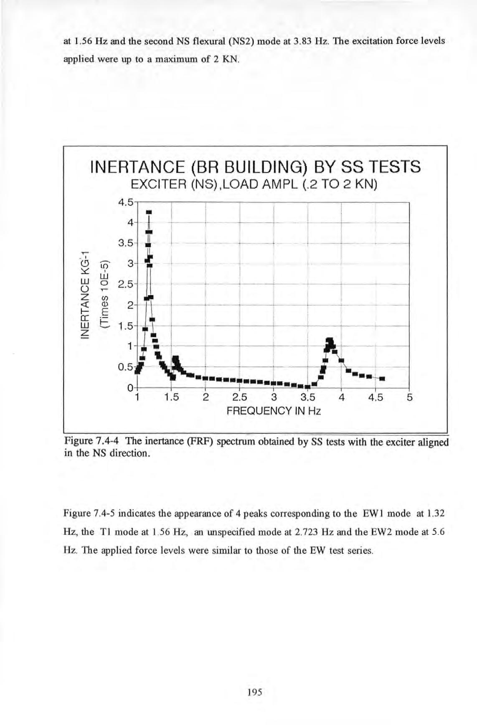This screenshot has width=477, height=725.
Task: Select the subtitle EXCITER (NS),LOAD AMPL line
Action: click(254, 184)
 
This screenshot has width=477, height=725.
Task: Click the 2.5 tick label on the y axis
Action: click(124, 285)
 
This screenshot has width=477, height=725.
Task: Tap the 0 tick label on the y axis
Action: click(129, 387)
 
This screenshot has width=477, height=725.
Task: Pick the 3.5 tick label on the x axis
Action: click(307, 397)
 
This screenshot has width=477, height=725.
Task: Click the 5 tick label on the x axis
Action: click(409, 397)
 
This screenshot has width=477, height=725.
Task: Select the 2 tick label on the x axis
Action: click(206, 397)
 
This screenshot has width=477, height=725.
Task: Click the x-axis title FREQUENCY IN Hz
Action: click(274, 411)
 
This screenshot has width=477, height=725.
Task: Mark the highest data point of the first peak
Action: click(148, 212)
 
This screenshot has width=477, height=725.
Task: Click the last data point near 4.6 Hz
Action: click(382, 379)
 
